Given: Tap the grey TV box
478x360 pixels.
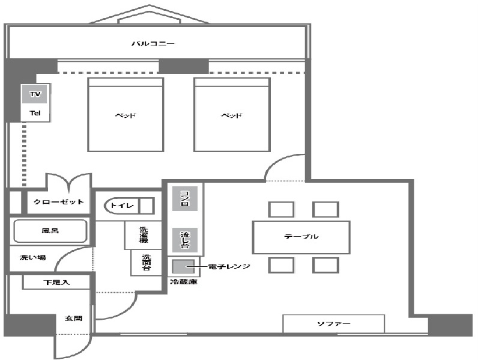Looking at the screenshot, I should [x=34, y=94].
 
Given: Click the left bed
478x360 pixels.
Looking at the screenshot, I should [x=126, y=114].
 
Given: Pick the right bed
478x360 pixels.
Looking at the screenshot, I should [x=231, y=114].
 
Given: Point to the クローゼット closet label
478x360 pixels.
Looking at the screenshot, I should [x=58, y=201].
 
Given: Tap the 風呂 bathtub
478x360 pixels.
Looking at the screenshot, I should [x=51, y=231].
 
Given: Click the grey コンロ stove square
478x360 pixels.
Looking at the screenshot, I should [x=184, y=198].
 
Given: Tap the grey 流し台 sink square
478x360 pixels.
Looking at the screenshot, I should [x=184, y=239].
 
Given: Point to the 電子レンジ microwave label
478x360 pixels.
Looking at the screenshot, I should [x=229, y=265].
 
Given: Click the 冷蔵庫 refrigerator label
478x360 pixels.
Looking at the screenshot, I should [x=183, y=281].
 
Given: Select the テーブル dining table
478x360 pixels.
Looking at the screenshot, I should [x=300, y=237].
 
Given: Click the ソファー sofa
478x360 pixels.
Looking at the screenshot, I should [x=333, y=324].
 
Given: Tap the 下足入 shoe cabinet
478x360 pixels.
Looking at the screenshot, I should [x=57, y=282].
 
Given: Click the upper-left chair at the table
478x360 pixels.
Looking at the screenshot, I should [x=280, y=209].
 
